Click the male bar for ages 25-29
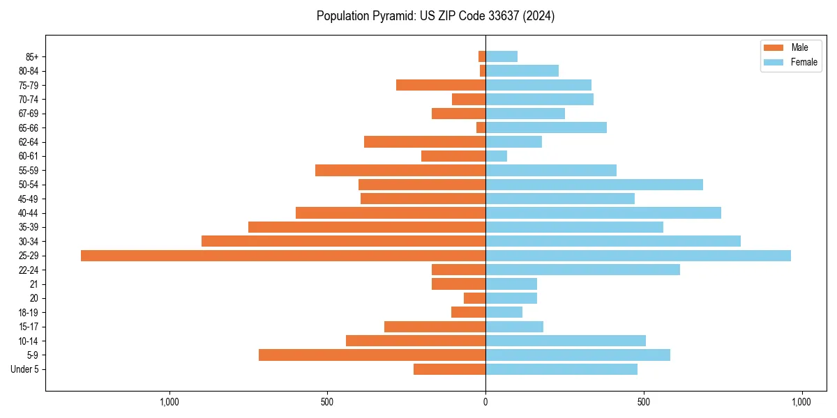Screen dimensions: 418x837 pos(283,256)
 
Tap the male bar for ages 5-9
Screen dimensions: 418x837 pos(372,355)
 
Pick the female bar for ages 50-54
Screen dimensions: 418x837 pos(594,185)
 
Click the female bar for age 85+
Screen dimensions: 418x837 pos(502,56)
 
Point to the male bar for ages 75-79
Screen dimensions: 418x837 pos(441,85)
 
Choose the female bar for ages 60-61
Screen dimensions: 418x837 pos(497,156)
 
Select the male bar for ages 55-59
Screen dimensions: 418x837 pos(400,171)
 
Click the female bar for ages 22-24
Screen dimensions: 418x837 pos(583,270)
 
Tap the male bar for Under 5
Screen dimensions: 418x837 pos(450,369)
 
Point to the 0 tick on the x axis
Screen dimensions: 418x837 pos(485,402)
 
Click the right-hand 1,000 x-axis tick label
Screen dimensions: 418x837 pos(801,402)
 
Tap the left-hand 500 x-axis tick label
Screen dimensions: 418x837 pos(327,402)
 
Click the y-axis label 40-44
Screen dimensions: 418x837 pos(29,213)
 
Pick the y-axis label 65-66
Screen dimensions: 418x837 pos(29,128)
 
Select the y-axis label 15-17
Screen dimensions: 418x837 pos(29,327)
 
